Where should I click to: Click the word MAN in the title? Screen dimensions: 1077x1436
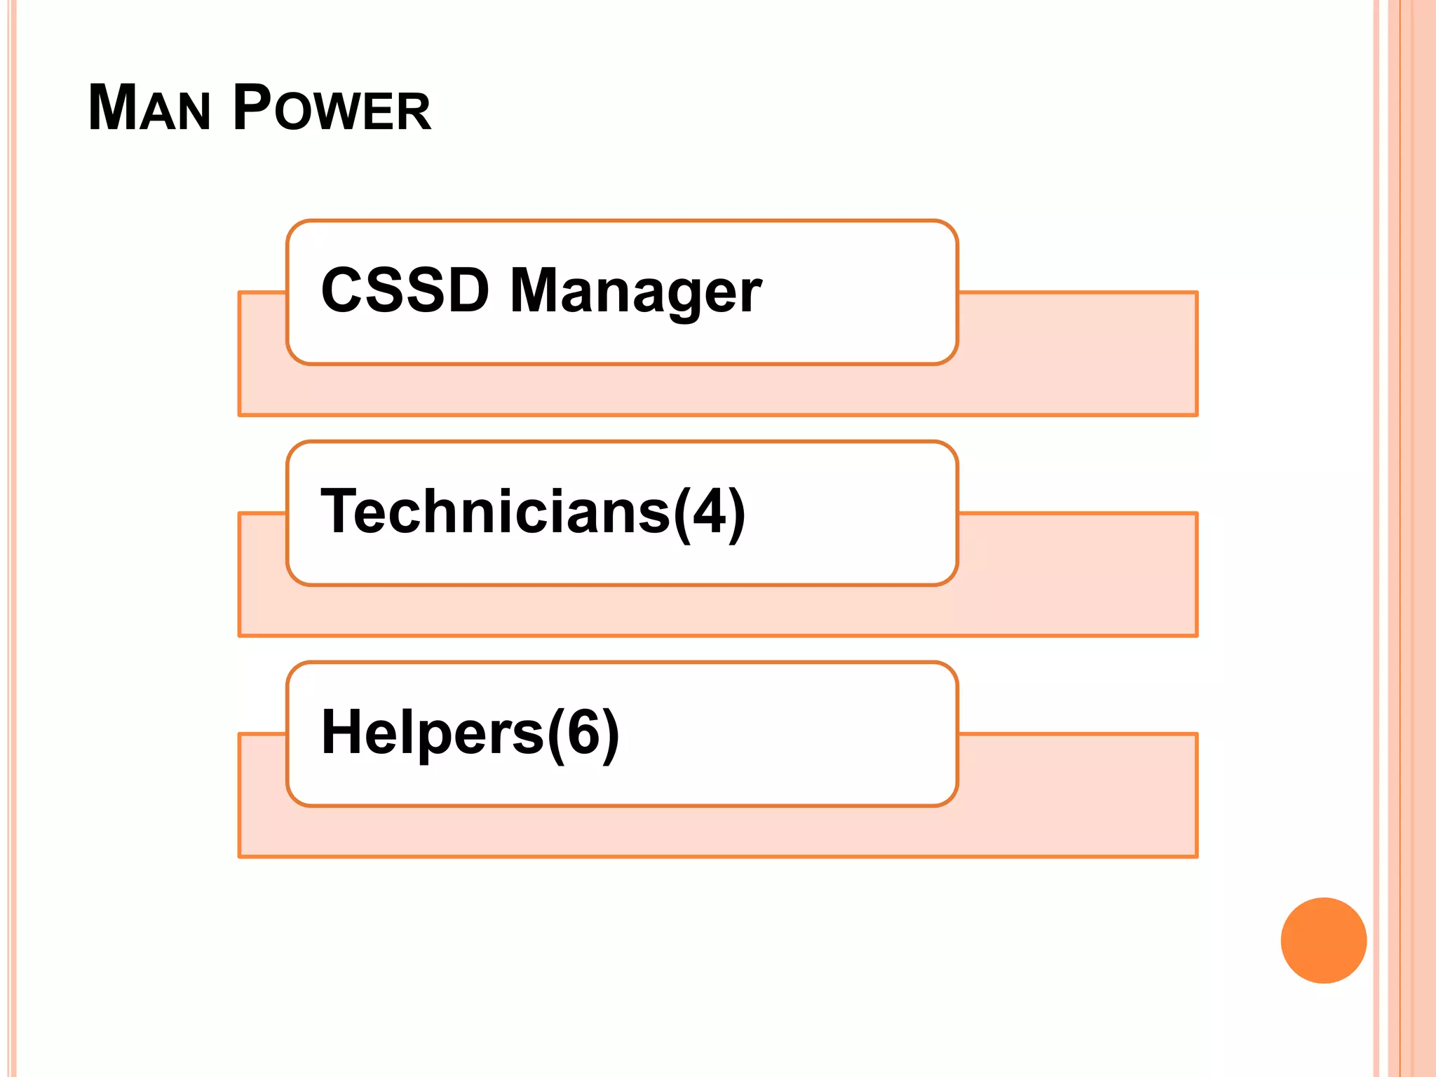point(149,109)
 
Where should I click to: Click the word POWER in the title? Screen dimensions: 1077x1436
point(332,109)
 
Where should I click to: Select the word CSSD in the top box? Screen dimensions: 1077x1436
point(405,291)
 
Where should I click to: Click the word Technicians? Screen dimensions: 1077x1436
point(495,512)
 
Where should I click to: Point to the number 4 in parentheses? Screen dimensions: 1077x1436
point(710,512)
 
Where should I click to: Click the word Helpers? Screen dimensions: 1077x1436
point(432,733)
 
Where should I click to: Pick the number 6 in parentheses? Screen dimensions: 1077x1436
point(583,733)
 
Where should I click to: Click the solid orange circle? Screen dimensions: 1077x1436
point(1323,940)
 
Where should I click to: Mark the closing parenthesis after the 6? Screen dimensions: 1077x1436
point(610,734)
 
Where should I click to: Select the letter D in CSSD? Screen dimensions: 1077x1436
point(467,291)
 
